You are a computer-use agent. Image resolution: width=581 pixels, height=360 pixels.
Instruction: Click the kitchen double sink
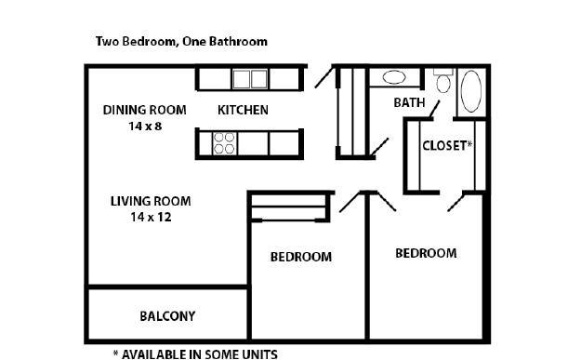(x=250, y=79)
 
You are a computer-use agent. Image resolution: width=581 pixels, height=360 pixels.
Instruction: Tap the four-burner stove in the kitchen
(x=225, y=143)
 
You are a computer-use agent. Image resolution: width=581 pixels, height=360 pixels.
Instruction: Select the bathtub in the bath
(x=471, y=91)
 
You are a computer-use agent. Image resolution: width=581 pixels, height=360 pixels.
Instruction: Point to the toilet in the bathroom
(x=443, y=81)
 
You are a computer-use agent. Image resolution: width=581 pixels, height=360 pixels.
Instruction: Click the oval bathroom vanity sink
(x=394, y=77)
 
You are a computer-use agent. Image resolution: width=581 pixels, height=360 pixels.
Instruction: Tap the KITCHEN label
(x=243, y=110)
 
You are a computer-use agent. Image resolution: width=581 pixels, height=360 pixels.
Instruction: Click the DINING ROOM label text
(x=144, y=110)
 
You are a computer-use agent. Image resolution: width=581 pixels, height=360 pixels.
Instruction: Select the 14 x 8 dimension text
(x=145, y=127)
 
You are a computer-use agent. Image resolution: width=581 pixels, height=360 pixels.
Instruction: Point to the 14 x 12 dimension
(x=151, y=217)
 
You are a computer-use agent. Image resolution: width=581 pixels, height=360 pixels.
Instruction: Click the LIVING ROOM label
(x=151, y=201)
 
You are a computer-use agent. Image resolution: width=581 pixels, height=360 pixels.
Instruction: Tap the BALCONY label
(x=167, y=316)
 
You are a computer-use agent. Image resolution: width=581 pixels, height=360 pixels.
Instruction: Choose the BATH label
(x=409, y=102)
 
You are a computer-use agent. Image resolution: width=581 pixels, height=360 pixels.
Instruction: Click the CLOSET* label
(x=448, y=145)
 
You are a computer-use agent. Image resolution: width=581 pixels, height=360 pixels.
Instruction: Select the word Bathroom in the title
(x=238, y=41)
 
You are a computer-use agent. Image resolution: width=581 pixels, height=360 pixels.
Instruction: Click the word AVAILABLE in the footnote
(x=154, y=354)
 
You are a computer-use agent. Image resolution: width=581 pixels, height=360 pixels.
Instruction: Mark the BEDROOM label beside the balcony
(x=301, y=257)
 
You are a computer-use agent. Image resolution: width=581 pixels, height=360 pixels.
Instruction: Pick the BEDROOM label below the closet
(x=426, y=253)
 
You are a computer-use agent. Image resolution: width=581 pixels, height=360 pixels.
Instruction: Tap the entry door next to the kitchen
(x=324, y=77)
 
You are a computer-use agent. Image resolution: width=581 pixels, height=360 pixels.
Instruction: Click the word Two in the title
(x=108, y=41)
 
